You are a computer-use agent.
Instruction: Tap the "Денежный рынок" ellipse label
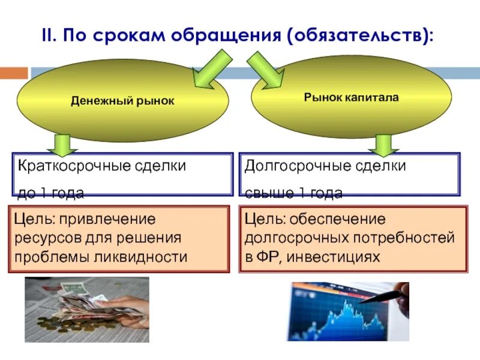tap(122, 101)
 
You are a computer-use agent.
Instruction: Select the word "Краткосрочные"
tap(67, 166)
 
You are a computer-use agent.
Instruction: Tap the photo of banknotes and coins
tap(86, 309)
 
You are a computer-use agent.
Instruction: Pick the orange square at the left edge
tap(13, 73)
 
